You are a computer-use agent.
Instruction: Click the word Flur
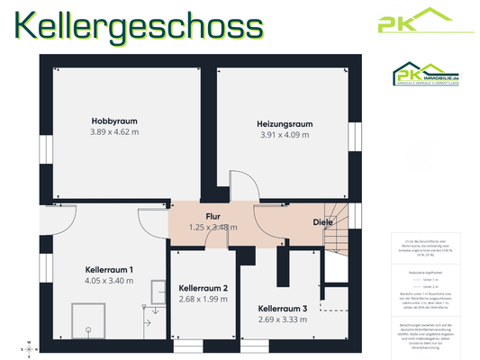(213, 217)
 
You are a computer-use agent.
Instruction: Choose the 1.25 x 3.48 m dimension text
(213, 227)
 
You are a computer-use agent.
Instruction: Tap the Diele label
(322, 221)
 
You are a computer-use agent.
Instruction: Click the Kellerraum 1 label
(108, 269)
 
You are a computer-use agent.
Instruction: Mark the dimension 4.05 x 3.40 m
(108, 280)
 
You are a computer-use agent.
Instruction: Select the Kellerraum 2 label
(203, 288)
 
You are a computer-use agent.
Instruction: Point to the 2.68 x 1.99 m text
(203, 299)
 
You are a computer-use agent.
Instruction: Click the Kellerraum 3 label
(283, 309)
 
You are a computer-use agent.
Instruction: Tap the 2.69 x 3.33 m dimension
(283, 319)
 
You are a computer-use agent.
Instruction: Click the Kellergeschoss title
(140, 26)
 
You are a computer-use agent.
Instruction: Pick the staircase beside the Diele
(340, 238)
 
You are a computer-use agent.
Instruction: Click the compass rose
(30, 347)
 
